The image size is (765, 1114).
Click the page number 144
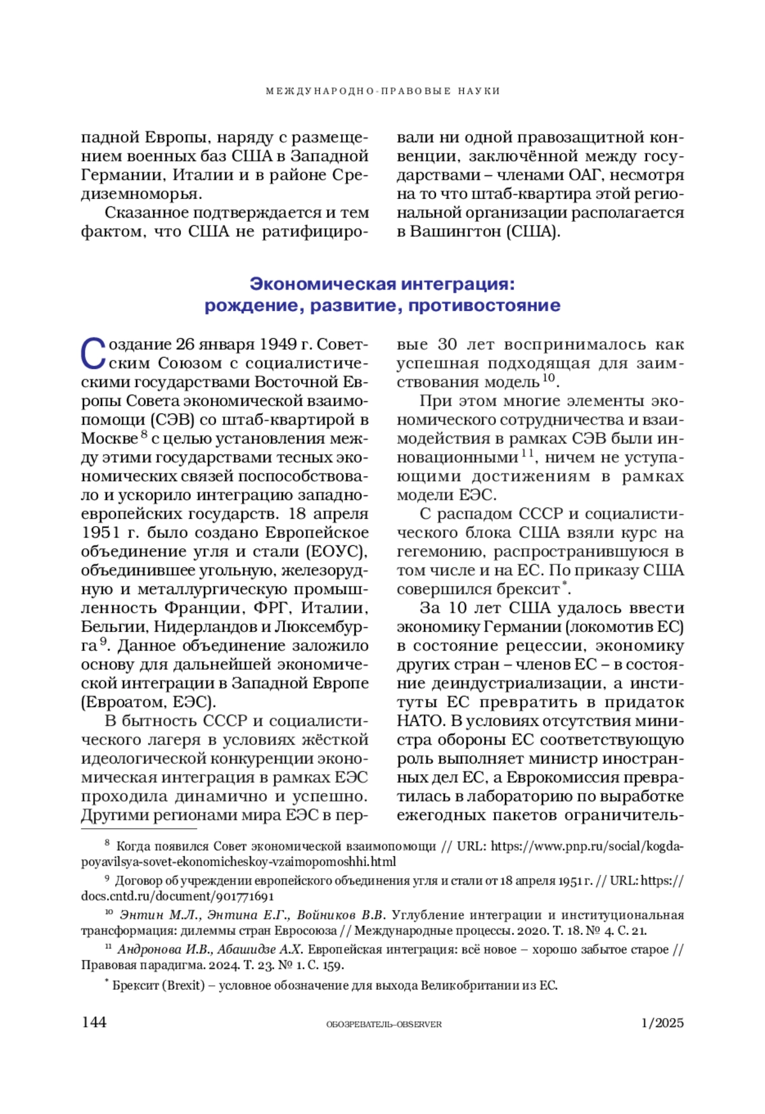click(x=94, y=1022)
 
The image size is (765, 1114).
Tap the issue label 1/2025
click(x=662, y=1023)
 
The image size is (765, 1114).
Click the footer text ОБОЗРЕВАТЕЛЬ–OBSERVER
click(x=383, y=1024)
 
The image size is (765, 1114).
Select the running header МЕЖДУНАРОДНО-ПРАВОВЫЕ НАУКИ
click(x=382, y=91)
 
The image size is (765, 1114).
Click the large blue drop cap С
click(x=93, y=353)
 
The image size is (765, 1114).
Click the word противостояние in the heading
click(x=484, y=306)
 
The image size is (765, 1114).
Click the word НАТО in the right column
click(x=420, y=721)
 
